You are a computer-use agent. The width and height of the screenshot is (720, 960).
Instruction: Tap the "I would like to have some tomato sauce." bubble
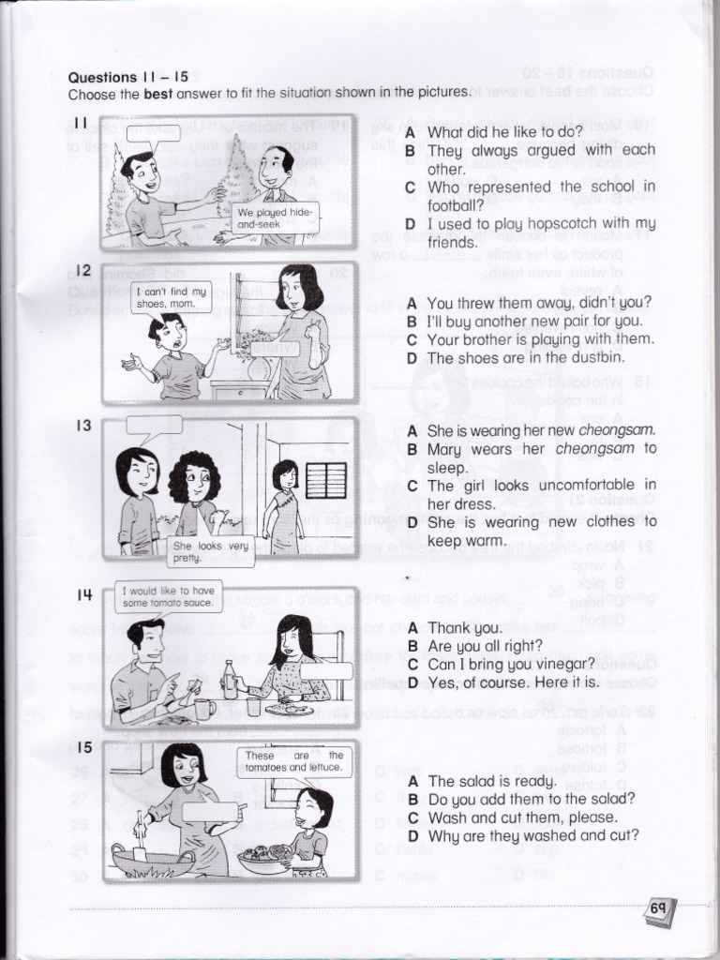171,596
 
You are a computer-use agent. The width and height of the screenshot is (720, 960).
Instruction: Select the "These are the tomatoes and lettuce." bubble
294,761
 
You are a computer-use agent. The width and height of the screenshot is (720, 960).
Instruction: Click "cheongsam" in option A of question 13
617,430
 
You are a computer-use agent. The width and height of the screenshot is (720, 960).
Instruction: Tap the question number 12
82,271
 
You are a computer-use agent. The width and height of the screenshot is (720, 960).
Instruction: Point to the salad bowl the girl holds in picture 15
265,857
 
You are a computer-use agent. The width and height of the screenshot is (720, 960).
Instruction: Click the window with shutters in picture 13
326,481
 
